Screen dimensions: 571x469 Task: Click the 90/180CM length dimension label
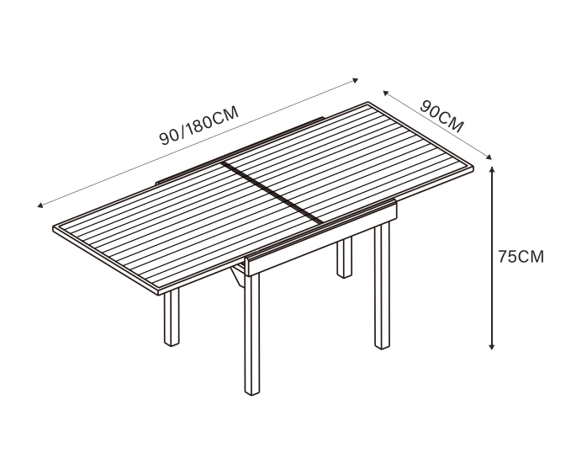[199, 125]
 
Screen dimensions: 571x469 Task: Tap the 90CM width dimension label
[441, 115]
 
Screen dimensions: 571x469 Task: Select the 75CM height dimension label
[521, 257]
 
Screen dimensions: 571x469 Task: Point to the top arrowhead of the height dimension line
[492, 169]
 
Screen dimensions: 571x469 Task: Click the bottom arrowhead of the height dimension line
[492, 346]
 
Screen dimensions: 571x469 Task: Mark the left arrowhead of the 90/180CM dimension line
[40, 205]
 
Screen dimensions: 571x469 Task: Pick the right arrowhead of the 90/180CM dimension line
[356, 80]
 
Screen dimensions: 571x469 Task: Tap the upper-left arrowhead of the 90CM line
[386, 93]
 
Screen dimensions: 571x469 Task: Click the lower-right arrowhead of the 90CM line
[489, 157]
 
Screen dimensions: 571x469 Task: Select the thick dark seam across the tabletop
[272, 193]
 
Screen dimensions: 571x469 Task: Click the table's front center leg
[252, 333]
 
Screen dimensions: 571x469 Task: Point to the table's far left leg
[172, 317]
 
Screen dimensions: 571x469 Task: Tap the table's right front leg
[382, 285]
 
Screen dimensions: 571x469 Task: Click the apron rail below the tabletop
[321, 238]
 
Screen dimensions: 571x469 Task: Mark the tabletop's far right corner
[473, 167]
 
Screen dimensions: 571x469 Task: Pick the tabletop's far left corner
[54, 227]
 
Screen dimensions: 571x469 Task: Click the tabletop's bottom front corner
[159, 292]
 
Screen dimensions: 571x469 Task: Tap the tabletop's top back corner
[368, 103]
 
